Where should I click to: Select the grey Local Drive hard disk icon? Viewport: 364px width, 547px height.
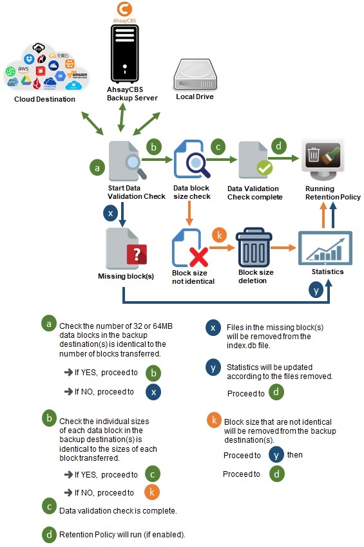pos(194,75)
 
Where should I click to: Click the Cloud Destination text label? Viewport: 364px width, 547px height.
pos(44,99)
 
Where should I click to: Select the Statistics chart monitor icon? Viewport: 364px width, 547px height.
pos(325,248)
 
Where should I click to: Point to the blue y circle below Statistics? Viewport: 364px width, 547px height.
pos(316,290)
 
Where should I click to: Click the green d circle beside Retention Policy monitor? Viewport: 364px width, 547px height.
pos(279,145)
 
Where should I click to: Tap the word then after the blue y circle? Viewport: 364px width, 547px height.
pos(295,454)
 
